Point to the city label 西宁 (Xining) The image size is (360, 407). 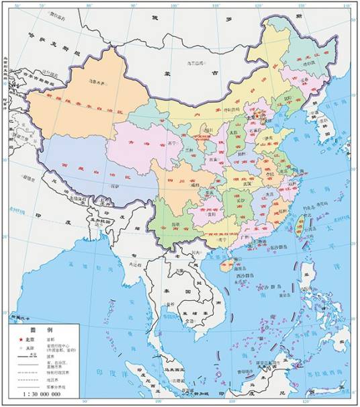point(173,143)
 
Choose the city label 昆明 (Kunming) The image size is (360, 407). point(175,224)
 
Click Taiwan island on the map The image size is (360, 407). point(300,226)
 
